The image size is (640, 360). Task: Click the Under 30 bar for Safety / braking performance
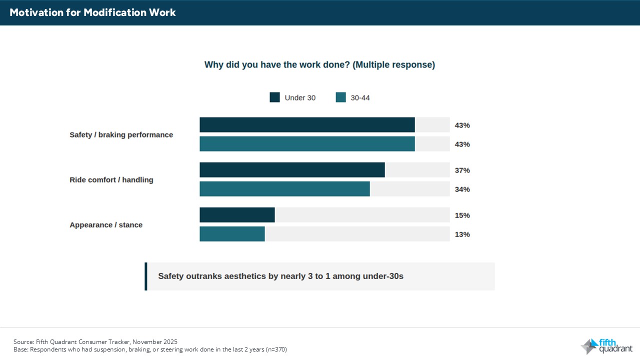(x=307, y=125)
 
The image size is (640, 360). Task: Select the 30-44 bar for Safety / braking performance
(x=307, y=144)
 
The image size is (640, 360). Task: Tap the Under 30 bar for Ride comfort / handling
(x=292, y=170)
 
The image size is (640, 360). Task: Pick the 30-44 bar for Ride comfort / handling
(x=284, y=189)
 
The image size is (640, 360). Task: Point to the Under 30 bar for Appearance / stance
(x=237, y=215)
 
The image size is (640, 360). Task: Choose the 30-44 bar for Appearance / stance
(x=232, y=234)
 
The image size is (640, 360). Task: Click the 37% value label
(x=462, y=170)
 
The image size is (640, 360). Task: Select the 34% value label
(x=462, y=189)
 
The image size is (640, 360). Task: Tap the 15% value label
(x=462, y=215)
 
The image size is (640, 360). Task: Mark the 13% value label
(x=462, y=234)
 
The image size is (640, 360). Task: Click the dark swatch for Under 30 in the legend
(x=274, y=97)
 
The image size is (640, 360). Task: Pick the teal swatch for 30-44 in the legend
(x=340, y=97)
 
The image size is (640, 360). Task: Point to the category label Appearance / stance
(x=106, y=225)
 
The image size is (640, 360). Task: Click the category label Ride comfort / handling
(x=111, y=180)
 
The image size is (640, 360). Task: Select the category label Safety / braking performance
(x=121, y=135)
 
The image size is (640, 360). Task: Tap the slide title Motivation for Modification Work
(x=93, y=12)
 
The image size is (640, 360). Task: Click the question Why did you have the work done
(x=319, y=65)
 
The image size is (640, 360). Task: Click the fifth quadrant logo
(x=606, y=346)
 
